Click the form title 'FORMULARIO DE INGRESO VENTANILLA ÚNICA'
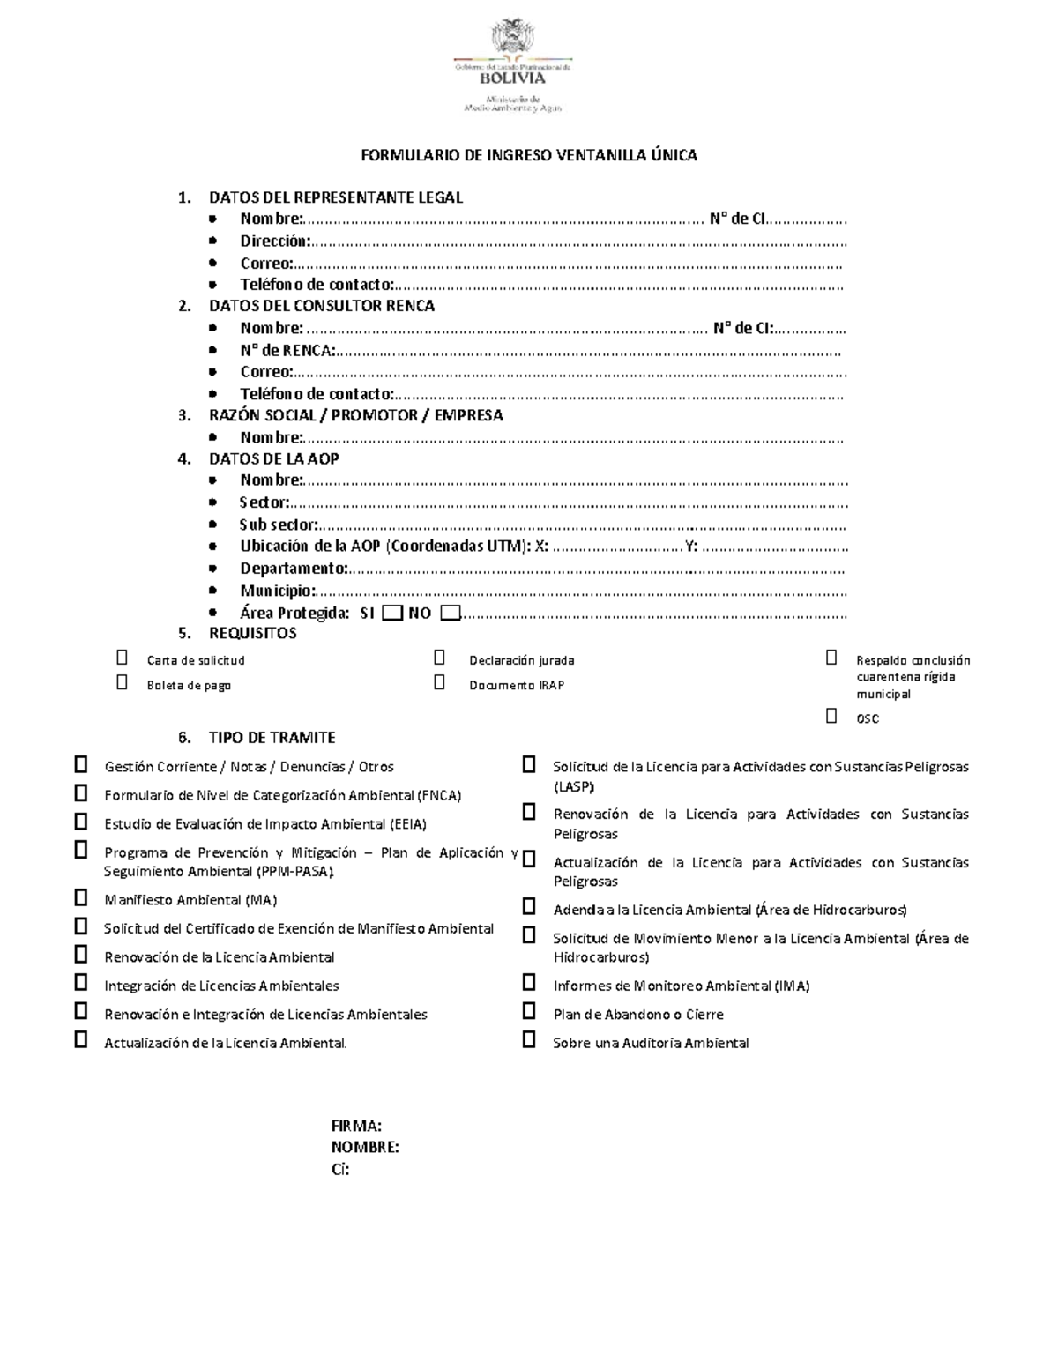(x=529, y=156)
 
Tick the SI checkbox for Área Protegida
(x=393, y=613)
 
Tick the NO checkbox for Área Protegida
(x=450, y=613)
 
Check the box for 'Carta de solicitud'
(x=122, y=658)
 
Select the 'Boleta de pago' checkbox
(x=122, y=682)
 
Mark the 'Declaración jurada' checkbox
(x=439, y=658)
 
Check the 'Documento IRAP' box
(x=439, y=682)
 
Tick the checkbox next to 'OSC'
(x=831, y=716)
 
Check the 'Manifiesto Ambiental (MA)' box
(x=81, y=897)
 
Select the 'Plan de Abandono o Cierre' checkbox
(x=529, y=1010)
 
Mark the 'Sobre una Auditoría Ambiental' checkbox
(x=529, y=1039)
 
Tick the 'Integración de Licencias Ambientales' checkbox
(x=81, y=982)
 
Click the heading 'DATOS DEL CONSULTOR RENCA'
(x=321, y=306)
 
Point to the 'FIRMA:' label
(x=356, y=1126)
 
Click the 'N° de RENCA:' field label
(x=287, y=350)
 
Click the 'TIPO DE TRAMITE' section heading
(x=272, y=738)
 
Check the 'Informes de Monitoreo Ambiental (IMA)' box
(x=529, y=982)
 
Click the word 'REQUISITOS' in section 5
(x=252, y=633)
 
